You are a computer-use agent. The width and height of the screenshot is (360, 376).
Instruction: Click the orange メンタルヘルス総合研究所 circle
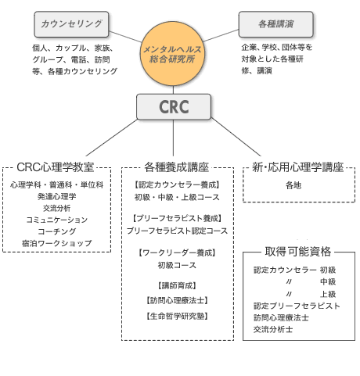pos(172,54)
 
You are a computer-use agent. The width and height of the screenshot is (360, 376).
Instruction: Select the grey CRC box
pos(174,106)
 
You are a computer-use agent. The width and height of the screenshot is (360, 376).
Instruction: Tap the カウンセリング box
pos(71,24)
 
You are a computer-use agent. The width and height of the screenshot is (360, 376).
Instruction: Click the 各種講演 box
pos(275,24)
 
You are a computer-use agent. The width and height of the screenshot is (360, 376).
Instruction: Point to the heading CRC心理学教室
pos(55,167)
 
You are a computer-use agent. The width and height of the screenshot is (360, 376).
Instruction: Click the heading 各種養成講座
pos(177,167)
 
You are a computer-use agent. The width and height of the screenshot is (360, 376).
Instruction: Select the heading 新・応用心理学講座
pos(297,167)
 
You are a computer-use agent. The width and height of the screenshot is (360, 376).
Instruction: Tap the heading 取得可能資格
pos(298,252)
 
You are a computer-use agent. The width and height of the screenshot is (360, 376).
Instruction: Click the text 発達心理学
pos(57,196)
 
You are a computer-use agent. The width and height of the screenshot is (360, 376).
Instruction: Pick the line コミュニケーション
pos(57,220)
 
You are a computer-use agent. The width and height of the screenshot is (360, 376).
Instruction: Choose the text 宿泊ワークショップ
pos(57,243)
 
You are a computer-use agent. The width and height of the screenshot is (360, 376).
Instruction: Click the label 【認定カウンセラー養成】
pos(177,184)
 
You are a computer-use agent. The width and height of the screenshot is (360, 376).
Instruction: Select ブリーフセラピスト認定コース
pos(177,231)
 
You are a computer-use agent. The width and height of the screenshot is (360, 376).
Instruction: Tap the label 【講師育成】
pos(177,286)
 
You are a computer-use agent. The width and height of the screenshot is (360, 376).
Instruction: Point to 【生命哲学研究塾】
pos(177,317)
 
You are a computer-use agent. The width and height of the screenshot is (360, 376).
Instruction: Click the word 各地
pos(293,185)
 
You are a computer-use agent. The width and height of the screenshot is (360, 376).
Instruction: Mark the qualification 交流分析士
pos(273,329)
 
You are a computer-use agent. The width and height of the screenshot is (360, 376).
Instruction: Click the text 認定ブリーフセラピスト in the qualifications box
pos(297,306)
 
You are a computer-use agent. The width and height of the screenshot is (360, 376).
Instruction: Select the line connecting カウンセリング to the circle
pos(125,37)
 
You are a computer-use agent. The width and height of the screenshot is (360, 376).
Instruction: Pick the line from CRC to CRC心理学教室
pos(112,138)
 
